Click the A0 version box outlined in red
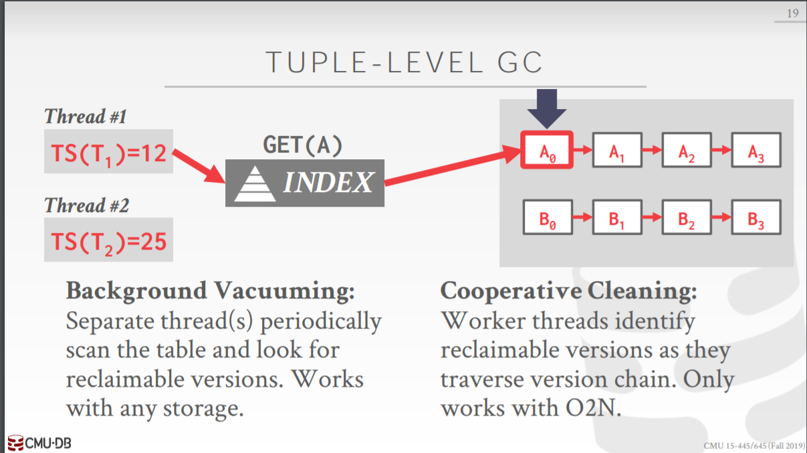pos(547,151)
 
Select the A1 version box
pos(616,151)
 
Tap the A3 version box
pos(756,151)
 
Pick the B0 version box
pos(547,216)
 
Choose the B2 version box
pos(686,216)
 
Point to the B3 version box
pos(756,216)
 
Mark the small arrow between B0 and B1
pos(582,217)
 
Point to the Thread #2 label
pos(86,205)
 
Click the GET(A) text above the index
pos(303,145)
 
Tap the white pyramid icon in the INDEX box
pos(254,183)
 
